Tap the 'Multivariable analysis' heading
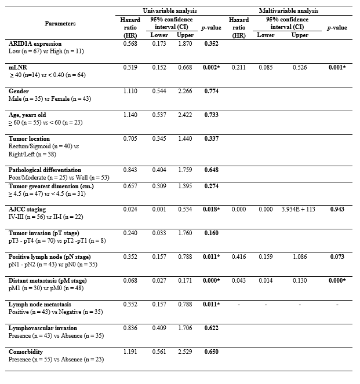click(x=287, y=10)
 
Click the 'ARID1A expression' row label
click(x=37, y=43)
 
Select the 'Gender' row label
click(x=19, y=92)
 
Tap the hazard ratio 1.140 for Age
click(x=130, y=115)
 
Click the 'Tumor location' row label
click(x=30, y=139)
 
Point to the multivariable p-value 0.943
click(x=336, y=209)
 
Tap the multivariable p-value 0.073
click(x=336, y=257)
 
